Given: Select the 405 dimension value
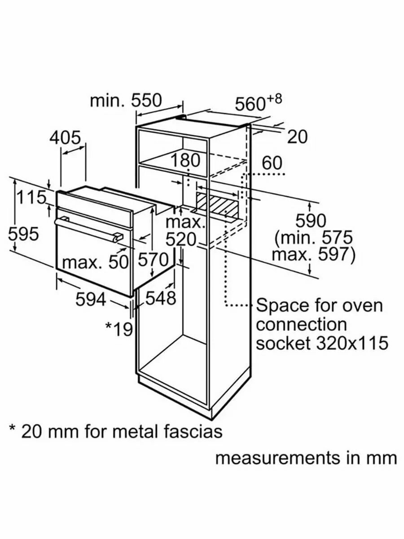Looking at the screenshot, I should tap(65, 137).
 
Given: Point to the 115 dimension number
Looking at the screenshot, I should tap(31, 197).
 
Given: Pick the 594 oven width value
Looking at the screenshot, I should tap(91, 299).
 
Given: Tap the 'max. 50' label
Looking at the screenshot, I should tap(95, 262).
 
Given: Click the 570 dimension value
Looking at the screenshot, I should tap(153, 259).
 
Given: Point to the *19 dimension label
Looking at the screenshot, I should tap(119, 329).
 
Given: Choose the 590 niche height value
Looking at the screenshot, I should tap(310, 221).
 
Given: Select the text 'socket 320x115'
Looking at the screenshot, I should tap(322, 343).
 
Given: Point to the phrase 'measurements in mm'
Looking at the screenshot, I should tap(306, 458).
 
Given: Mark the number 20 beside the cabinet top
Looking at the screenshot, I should tap(297, 137).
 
